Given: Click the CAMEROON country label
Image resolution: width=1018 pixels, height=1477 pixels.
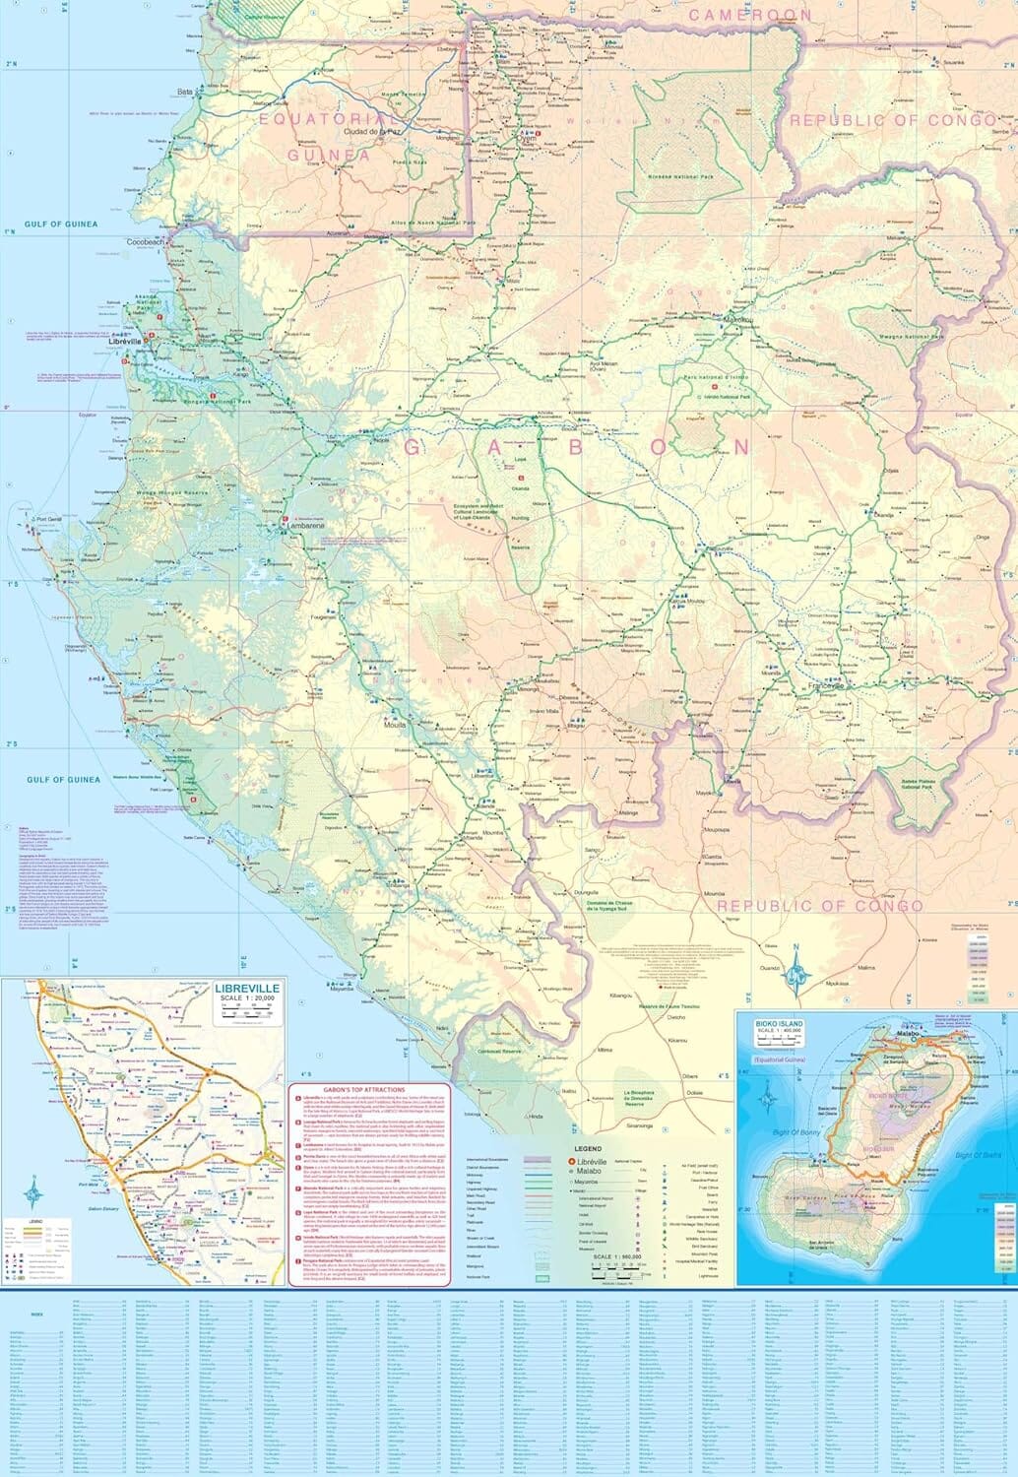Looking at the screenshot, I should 750,16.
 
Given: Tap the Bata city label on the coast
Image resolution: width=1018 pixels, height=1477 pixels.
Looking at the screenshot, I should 184,92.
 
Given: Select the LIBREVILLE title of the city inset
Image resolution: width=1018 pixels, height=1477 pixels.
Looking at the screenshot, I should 247,987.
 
